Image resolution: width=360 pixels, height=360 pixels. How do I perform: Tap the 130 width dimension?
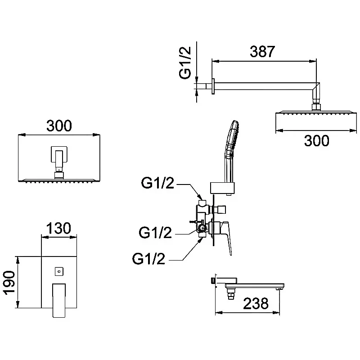point(58,228)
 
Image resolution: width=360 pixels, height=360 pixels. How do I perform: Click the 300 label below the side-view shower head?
point(316,141)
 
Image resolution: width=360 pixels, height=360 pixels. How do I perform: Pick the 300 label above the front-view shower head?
point(58,126)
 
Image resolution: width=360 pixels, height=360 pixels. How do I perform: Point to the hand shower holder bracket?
point(223,187)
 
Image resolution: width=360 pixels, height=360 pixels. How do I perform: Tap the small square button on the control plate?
point(58,271)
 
